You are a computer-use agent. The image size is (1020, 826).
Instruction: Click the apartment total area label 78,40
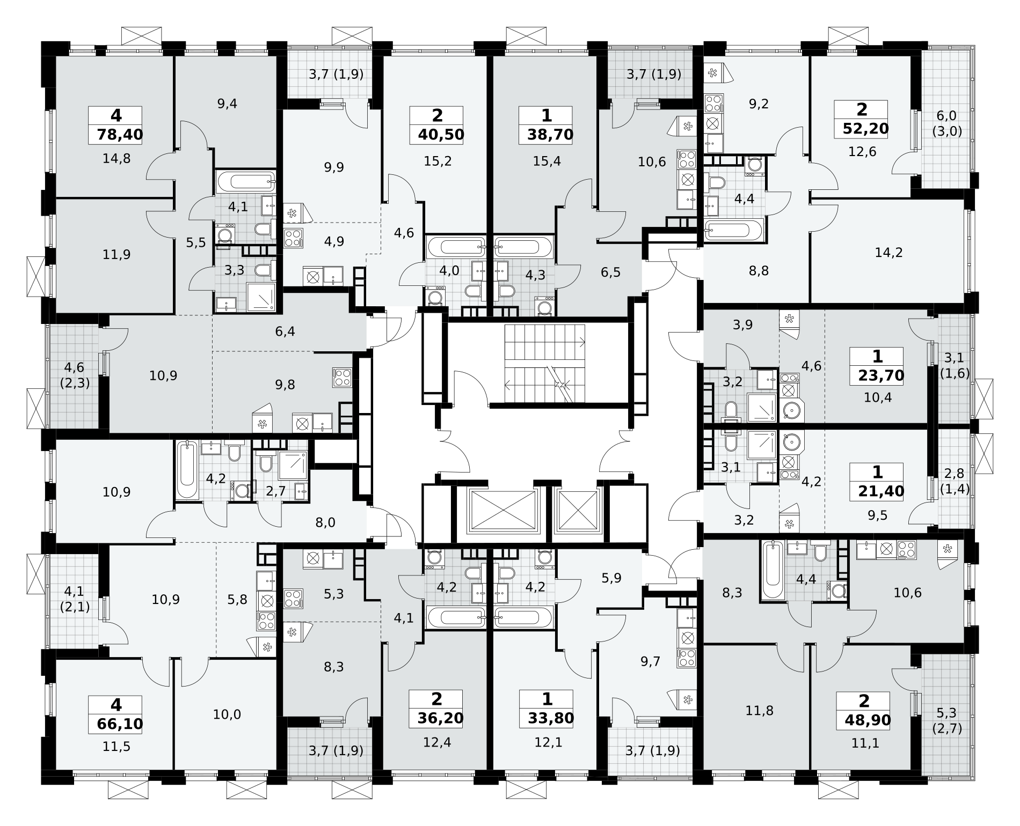(120, 135)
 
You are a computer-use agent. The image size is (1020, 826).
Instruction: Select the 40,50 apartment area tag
(441, 135)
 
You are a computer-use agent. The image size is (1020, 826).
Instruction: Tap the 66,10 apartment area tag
(120, 724)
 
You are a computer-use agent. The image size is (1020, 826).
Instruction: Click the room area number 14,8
(116, 159)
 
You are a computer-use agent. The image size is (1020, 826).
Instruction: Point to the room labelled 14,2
(888, 253)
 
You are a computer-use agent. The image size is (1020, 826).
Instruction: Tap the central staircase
(545, 363)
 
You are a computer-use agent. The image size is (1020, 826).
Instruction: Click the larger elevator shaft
(504, 511)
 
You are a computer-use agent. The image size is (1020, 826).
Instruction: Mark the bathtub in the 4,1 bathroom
(246, 181)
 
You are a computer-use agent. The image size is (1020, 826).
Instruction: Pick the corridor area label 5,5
(196, 242)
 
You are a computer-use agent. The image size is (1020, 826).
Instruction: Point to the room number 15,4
(547, 161)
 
